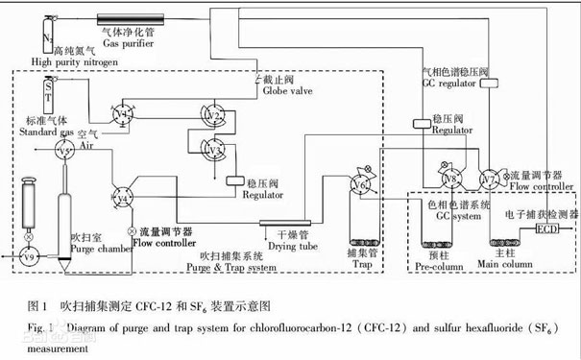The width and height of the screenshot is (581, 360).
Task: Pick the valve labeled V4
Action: click(122, 197)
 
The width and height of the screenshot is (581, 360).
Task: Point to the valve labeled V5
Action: click(65, 152)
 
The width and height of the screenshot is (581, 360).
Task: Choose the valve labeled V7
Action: click(490, 180)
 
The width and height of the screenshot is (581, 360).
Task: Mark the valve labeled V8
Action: click(449, 180)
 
